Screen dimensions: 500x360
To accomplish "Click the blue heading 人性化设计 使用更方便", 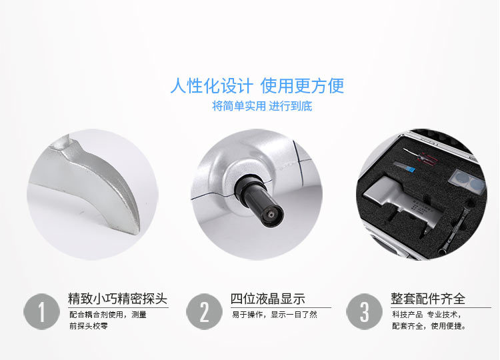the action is (x=257, y=86).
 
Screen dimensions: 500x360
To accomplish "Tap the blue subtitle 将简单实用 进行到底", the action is (x=262, y=106).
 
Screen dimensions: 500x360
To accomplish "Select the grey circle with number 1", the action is (x=41, y=311).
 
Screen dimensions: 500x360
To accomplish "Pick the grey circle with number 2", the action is (x=204, y=311).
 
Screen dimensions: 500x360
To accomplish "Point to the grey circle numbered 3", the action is (x=364, y=311).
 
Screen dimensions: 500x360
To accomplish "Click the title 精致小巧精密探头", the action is (x=117, y=299).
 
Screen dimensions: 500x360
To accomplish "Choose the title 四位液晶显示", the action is (x=268, y=299).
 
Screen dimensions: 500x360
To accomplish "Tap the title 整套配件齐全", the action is (x=428, y=299).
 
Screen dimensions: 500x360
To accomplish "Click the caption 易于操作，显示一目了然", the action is (x=275, y=315).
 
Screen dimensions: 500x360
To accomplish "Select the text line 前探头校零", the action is (x=89, y=326).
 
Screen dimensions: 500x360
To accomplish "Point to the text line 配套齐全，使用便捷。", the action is (x=429, y=326).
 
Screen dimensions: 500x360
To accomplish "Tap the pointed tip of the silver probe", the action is (x=137, y=232).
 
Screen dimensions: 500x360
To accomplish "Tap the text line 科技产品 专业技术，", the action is (x=427, y=315).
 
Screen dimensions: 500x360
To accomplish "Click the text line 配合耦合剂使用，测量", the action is (x=108, y=315).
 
